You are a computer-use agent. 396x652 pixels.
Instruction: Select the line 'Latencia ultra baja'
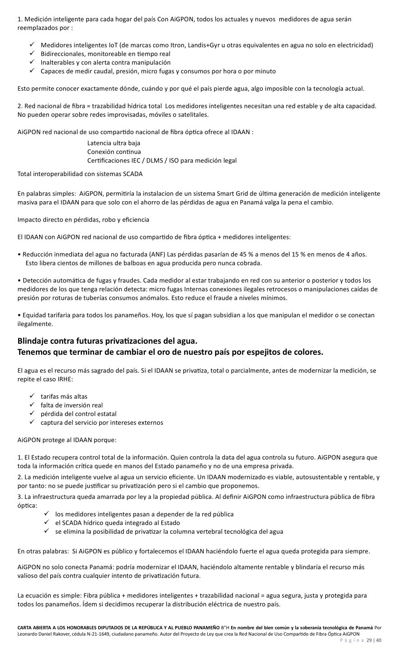coord(114,143)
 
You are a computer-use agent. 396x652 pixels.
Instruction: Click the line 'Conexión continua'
coord(114,152)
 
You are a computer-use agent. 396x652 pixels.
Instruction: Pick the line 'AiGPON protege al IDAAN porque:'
coord(67,440)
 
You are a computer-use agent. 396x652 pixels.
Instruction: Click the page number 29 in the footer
coord(369,640)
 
